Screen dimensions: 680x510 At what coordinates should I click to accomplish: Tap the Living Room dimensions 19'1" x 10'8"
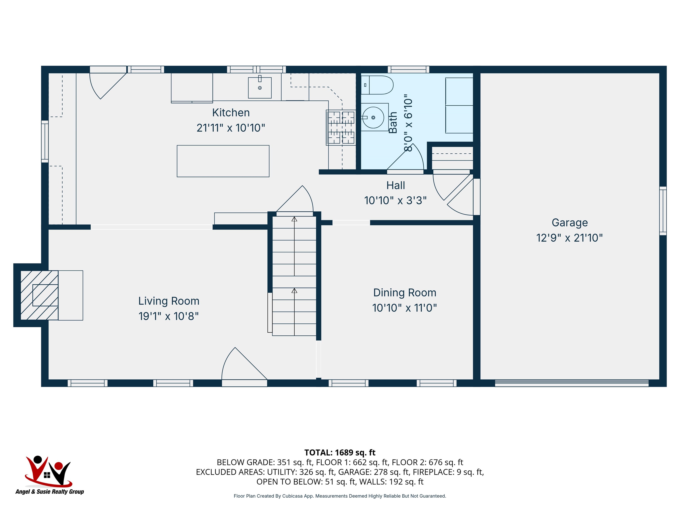click(169, 316)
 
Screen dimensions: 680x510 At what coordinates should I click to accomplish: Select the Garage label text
click(570, 222)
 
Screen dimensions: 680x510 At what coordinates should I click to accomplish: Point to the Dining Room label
click(405, 293)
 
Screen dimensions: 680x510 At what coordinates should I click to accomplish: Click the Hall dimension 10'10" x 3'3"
click(395, 200)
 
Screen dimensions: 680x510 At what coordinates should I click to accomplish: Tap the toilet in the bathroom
click(377, 85)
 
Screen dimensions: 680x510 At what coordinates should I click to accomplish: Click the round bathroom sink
click(373, 118)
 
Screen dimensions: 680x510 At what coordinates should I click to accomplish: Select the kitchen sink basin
click(260, 88)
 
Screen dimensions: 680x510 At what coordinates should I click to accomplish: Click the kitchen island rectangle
click(223, 161)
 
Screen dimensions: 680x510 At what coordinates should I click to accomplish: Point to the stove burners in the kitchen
click(341, 127)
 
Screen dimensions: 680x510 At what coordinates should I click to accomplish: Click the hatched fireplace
click(39, 295)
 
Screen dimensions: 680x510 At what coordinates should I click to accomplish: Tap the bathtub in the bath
click(459, 105)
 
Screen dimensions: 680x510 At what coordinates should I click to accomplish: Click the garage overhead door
click(572, 383)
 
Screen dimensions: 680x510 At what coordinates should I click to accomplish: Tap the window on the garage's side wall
click(663, 211)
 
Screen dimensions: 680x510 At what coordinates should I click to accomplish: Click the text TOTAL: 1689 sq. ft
click(340, 452)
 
